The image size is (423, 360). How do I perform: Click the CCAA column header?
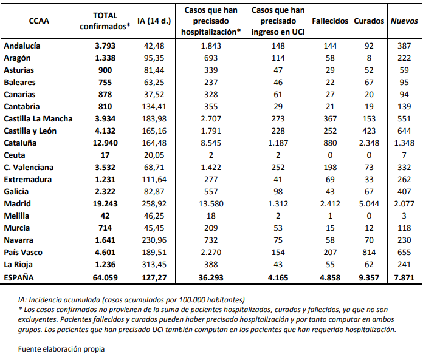click(x=39, y=21)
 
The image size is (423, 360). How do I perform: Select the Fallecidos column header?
click(x=329, y=21)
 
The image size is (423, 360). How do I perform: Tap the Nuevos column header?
click(x=404, y=21)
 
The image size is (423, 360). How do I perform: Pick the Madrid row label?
click(x=17, y=204)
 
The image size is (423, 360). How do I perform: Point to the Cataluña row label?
click(x=20, y=143)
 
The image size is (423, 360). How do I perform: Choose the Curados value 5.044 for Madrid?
click(x=367, y=204)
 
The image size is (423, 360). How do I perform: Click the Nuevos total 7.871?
click(x=404, y=278)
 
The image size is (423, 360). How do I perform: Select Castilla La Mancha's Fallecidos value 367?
click(x=329, y=119)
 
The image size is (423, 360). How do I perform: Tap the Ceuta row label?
click(x=15, y=155)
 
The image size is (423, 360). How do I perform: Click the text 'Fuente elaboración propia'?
click(x=61, y=349)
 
